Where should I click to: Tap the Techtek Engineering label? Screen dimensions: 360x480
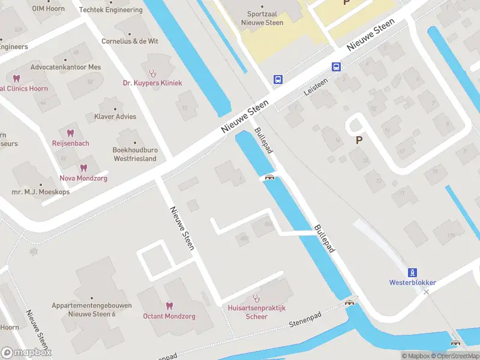pyautogui.click(x=113, y=10)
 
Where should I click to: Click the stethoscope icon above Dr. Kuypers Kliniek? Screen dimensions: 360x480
pyautogui.click(x=152, y=73)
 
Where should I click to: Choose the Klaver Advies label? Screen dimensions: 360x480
pyautogui.click(x=115, y=116)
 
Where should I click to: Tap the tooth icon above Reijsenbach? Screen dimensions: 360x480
pyautogui.click(x=70, y=133)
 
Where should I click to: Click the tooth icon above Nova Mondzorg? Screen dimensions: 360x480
pyautogui.click(x=83, y=169)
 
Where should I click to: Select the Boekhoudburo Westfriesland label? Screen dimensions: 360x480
pyautogui.click(x=135, y=154)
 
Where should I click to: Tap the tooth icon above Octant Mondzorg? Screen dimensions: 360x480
pyautogui.click(x=169, y=305)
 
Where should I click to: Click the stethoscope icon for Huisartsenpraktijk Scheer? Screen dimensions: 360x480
pyautogui.click(x=257, y=297)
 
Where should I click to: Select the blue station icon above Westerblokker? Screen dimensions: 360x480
pyautogui.click(x=412, y=272)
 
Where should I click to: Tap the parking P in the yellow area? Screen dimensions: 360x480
pyautogui.click(x=346, y=3)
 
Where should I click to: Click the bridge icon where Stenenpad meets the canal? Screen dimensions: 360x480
pyautogui.click(x=349, y=303)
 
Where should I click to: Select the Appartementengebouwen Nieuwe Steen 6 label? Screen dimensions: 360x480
pyautogui.click(x=91, y=310)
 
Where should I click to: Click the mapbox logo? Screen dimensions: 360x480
pyautogui.click(x=26, y=353)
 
